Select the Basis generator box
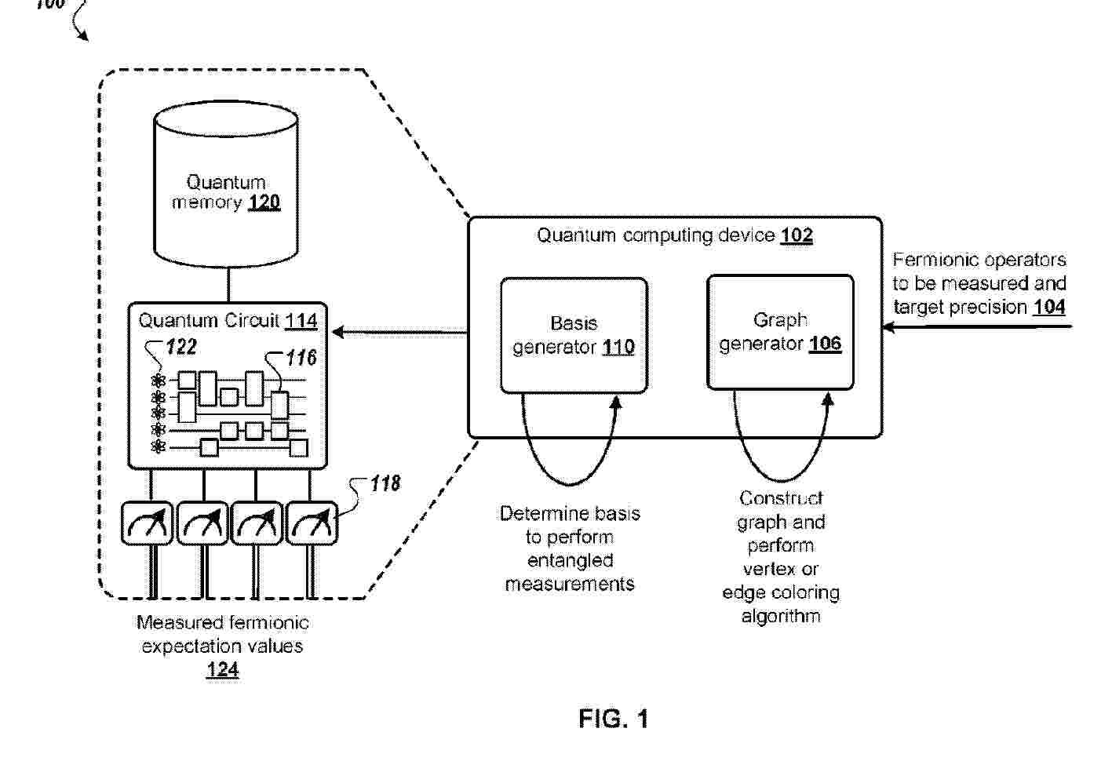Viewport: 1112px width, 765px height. [x=574, y=335]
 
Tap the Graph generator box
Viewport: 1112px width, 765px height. [x=780, y=332]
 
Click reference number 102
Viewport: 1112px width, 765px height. [x=797, y=235]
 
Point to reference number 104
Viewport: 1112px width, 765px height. [x=1049, y=307]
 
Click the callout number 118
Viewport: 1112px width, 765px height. [x=385, y=483]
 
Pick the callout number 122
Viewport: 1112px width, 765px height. [x=181, y=347]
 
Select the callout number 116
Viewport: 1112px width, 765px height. [x=301, y=358]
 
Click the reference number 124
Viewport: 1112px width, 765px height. [x=222, y=670]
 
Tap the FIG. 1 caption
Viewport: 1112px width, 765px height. [x=614, y=719]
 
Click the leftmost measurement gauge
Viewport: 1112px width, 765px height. [x=147, y=523]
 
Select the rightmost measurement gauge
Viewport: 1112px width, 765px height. [x=312, y=523]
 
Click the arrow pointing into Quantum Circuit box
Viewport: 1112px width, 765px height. [x=399, y=332]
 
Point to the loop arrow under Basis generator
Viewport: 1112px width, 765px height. [x=570, y=483]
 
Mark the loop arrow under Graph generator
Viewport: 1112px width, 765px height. [x=780, y=480]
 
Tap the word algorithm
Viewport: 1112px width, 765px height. [x=781, y=616]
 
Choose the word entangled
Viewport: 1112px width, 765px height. [x=571, y=560]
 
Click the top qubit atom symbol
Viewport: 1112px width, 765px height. [x=159, y=381]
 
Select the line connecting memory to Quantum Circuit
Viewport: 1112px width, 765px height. [x=228, y=285]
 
